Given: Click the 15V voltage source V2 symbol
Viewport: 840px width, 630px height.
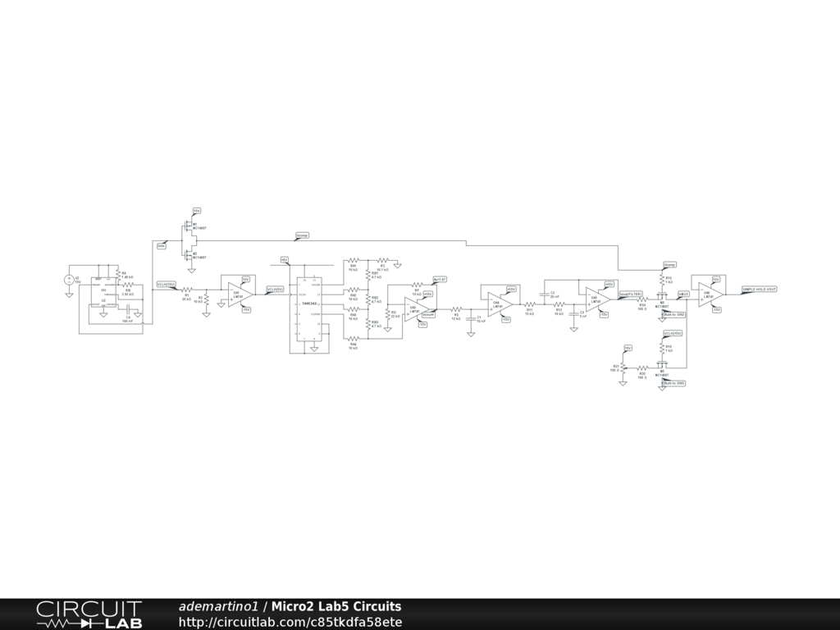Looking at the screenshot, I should click(x=69, y=280).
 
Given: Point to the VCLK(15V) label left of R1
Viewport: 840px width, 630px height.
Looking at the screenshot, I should click(x=167, y=285).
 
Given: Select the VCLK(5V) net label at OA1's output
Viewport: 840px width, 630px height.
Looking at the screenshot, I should click(x=275, y=289).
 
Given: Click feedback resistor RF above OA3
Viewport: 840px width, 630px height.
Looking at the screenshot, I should click(x=417, y=286).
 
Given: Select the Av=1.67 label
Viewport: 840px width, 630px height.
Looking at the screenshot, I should click(x=440, y=279).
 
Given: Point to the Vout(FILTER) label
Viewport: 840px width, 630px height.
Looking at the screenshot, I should click(x=631, y=292).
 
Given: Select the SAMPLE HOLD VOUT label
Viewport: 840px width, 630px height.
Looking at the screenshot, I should click(x=759, y=289).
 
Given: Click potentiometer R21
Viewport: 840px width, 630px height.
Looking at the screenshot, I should click(x=623, y=368).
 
